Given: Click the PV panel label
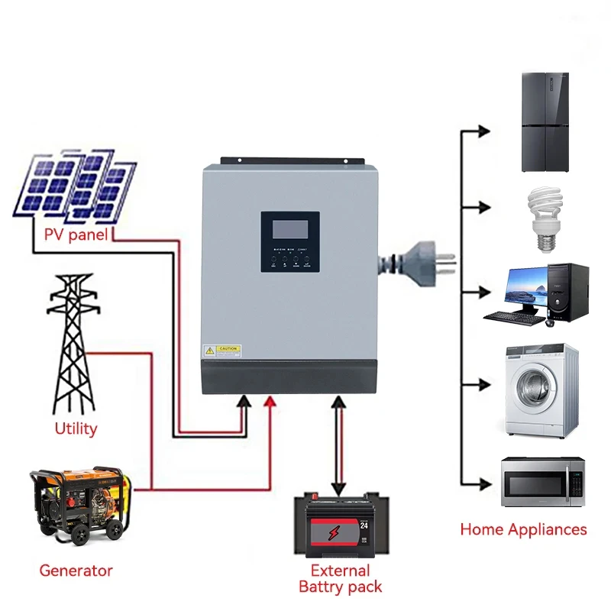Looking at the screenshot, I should [76, 234].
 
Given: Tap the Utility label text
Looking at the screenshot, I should [76, 428].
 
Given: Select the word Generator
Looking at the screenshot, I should [76, 571].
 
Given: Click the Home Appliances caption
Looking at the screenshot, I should [523, 529].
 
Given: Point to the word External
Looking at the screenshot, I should [340, 571].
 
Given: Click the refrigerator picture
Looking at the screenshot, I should [545, 122].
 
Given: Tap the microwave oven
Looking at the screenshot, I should [542, 483].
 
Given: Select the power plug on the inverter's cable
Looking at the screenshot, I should [428, 262].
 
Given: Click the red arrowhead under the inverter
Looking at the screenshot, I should [269, 402].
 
